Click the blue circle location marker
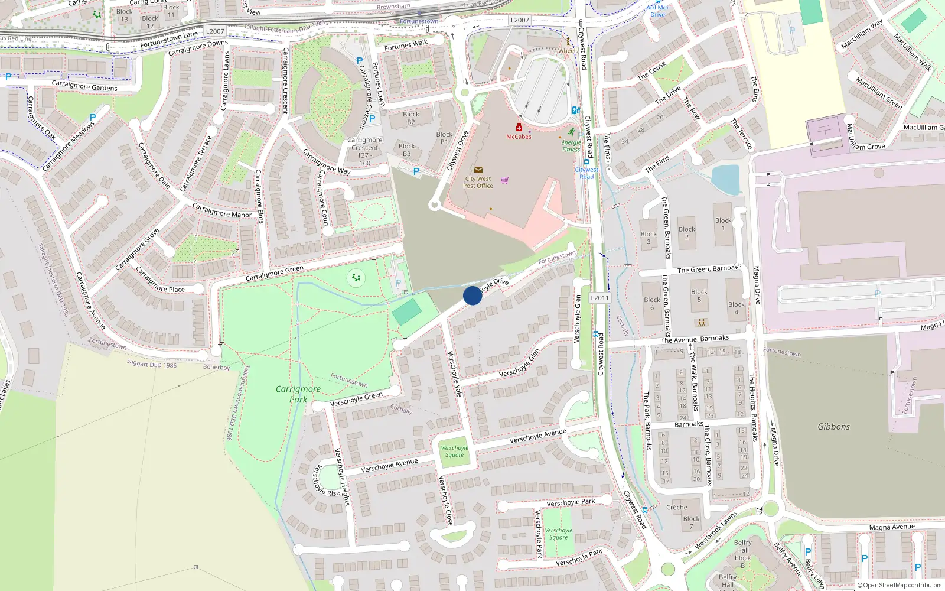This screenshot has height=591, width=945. (x=472, y=295)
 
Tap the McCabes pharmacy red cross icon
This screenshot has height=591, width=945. (x=519, y=127)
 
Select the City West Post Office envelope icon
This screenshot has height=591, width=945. (x=478, y=170)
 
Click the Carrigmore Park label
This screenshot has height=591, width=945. (x=298, y=394)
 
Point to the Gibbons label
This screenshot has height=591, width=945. (x=833, y=427)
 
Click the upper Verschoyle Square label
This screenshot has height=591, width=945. (x=454, y=452)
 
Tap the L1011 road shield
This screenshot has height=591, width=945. (x=599, y=298)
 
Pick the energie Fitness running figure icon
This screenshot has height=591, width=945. (x=571, y=132)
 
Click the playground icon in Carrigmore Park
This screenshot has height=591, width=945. (x=356, y=277)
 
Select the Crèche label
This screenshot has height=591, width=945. (x=677, y=507)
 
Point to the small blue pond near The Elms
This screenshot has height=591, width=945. (x=726, y=179)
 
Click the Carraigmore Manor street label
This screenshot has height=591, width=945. (x=222, y=210)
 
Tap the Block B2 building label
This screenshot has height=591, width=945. (x=411, y=118)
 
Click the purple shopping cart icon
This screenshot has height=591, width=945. (x=505, y=180)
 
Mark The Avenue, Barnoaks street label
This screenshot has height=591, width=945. (x=695, y=339)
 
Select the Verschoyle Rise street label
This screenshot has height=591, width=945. (x=325, y=481)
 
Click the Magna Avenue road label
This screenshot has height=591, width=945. (x=892, y=527)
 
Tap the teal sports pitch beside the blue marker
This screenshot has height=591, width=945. (x=407, y=311)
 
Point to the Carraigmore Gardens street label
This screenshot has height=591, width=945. (x=84, y=86)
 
